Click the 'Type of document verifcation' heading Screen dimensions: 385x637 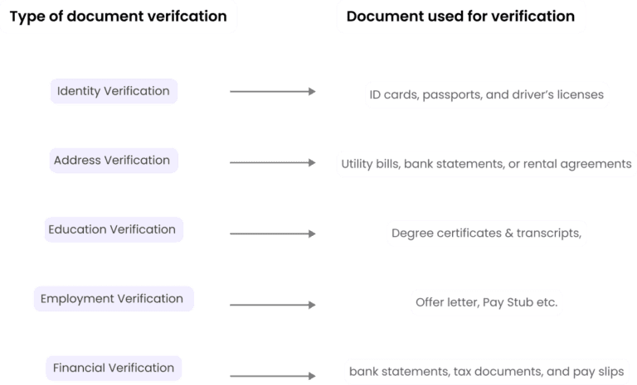118,17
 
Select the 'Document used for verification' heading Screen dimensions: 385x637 460,17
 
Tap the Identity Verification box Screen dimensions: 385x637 113,91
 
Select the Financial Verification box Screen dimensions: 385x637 114,368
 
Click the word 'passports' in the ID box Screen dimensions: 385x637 452,94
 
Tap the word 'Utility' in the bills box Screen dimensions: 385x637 357,164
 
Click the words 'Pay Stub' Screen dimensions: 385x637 507,303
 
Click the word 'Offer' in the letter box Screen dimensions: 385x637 430,303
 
